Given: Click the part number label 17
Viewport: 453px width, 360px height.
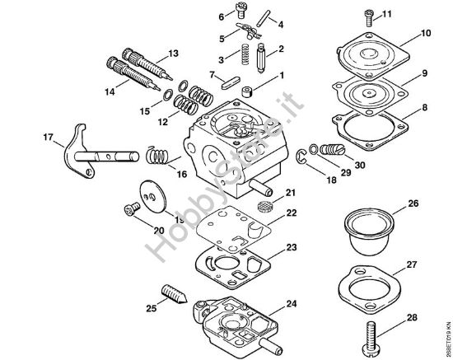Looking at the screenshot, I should [x=25, y=137].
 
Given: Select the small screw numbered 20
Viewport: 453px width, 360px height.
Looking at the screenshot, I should [x=131, y=211].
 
